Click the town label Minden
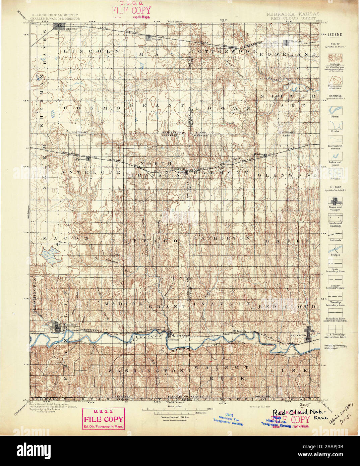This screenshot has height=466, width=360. coord(71,29)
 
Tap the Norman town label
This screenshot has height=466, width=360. coord(157,40)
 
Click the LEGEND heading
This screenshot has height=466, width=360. coord(335,35)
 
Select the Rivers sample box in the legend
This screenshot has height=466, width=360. coord(335,110)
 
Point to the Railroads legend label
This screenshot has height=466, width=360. coord(335,240)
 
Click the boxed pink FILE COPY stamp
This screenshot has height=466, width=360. coord(104,419)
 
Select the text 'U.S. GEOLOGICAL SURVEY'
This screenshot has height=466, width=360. coord(55,15)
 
